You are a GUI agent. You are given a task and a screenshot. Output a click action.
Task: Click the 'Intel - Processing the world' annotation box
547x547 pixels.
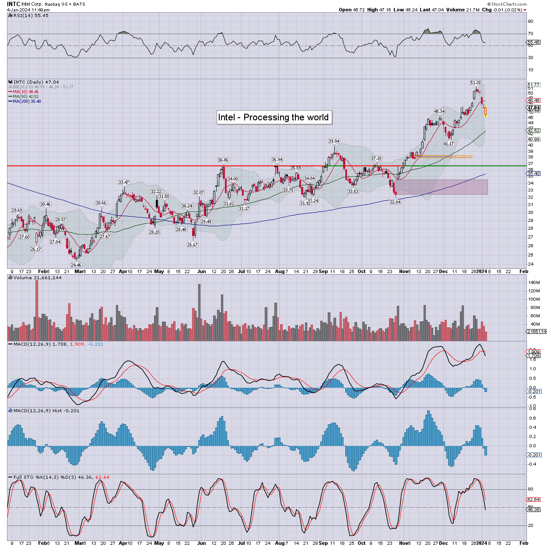pyautogui.click(x=273, y=117)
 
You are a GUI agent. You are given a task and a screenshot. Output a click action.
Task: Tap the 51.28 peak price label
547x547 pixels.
pyautogui.click(x=476, y=83)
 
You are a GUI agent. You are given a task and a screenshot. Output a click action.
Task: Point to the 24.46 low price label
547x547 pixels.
pyautogui.click(x=76, y=265)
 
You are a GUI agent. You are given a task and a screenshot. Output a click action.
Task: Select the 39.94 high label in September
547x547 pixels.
pyautogui.click(x=334, y=141)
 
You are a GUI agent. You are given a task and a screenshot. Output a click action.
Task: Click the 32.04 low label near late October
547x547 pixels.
pyautogui.click(x=395, y=202)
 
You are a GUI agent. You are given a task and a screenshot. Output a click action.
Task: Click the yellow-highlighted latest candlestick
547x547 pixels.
pyautogui.click(x=485, y=112)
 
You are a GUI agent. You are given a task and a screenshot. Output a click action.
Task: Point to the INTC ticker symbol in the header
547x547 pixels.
pyautogui.click(x=14, y=4)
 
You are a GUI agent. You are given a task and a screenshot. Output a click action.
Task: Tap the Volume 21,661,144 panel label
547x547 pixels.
pyautogui.click(x=37, y=278)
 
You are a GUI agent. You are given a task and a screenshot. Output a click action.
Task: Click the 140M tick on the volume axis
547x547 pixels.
pyautogui.click(x=534, y=283)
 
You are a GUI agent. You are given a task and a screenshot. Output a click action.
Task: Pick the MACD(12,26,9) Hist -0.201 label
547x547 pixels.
pyautogui.click(x=46, y=411)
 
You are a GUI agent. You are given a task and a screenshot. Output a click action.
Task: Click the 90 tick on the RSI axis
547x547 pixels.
pyautogui.click(x=530, y=21)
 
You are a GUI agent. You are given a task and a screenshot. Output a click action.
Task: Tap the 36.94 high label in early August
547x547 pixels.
pyautogui.click(x=277, y=160)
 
